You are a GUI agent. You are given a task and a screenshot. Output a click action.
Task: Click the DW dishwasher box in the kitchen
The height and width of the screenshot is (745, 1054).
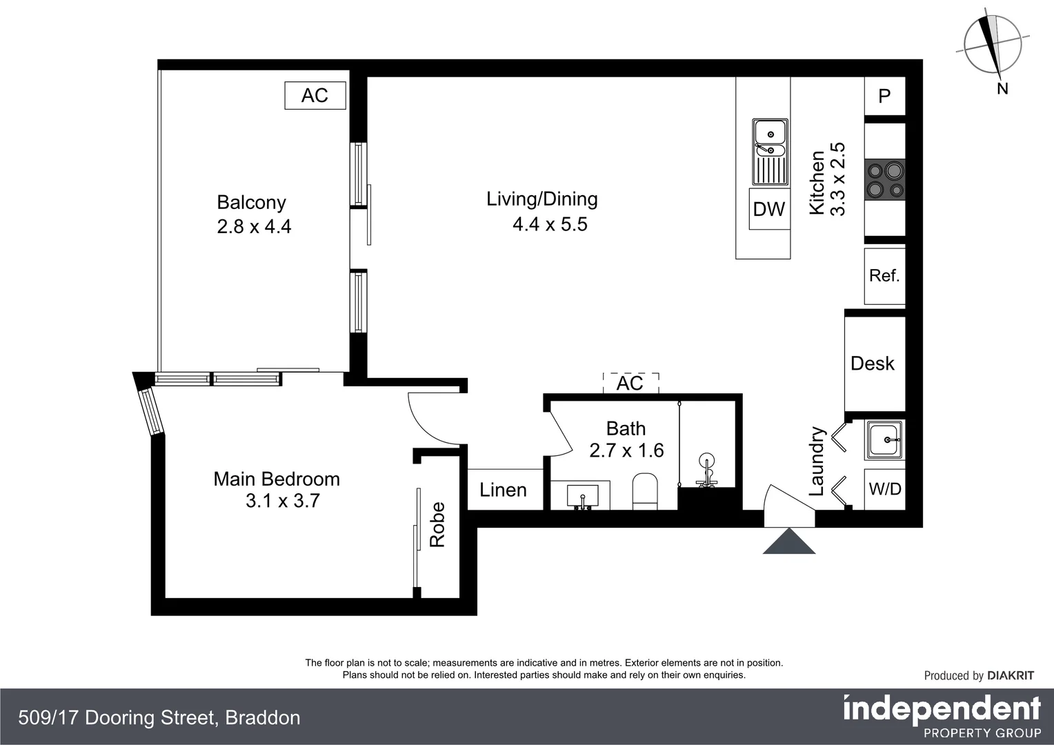tap(769, 209)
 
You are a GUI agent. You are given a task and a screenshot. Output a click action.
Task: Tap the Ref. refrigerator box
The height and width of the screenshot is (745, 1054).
tap(884, 276)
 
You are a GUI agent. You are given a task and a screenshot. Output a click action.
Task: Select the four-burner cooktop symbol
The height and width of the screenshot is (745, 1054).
tap(886, 179)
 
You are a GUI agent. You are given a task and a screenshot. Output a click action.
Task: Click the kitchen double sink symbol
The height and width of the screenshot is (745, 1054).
tap(770, 152)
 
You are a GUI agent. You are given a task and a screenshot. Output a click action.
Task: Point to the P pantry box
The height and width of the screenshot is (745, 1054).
tap(884, 96)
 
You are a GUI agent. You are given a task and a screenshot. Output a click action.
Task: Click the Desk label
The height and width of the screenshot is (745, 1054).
tap(873, 364)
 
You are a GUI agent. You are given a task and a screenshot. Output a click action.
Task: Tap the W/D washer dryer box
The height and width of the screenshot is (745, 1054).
tap(885, 489)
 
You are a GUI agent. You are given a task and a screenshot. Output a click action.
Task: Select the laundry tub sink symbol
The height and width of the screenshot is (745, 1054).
tap(884, 439)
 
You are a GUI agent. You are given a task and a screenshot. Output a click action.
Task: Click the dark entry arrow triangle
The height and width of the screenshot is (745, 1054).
tap(789, 542)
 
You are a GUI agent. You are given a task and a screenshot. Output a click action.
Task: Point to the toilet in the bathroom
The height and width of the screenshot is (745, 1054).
tap(646, 490)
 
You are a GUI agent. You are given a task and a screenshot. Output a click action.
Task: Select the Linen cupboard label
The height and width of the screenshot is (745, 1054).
tap(503, 490)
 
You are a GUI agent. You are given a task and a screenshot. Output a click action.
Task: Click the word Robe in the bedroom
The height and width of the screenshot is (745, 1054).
tap(437, 525)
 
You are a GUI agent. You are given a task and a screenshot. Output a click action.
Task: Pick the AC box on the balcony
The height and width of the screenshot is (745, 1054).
tap(315, 95)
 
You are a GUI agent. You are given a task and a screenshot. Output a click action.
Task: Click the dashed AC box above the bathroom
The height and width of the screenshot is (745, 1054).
tap(630, 383)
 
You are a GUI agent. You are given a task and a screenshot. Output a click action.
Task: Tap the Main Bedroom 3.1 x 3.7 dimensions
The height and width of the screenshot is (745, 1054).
tap(282, 501)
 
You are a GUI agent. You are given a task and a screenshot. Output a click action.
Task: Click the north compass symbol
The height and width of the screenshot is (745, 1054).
tap(993, 46)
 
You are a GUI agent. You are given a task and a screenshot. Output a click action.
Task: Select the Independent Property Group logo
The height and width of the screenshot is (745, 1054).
tap(942, 717)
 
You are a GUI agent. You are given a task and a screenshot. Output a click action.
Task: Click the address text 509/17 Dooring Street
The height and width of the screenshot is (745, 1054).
tap(159, 718)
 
